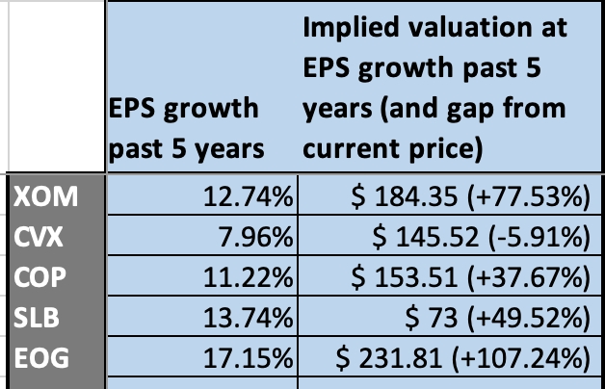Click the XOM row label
pos(45,196)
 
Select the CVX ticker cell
pos(38,237)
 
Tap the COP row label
pos(39,277)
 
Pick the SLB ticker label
pos(37,318)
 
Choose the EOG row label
pos(41,358)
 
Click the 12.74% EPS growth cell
pos(248,196)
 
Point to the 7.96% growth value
pos(255,237)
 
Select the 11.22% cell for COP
pos(248,277)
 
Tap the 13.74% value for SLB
pos(248,318)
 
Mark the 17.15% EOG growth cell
pos(248,358)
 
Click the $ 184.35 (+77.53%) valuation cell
pos(470,196)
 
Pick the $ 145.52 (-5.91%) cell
pos(481,237)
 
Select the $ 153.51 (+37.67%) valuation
pos(470,277)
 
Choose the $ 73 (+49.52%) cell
pos(498,318)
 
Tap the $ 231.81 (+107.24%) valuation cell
pos(462,358)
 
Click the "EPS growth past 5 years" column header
pos(186,128)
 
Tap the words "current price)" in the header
pos(393,149)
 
